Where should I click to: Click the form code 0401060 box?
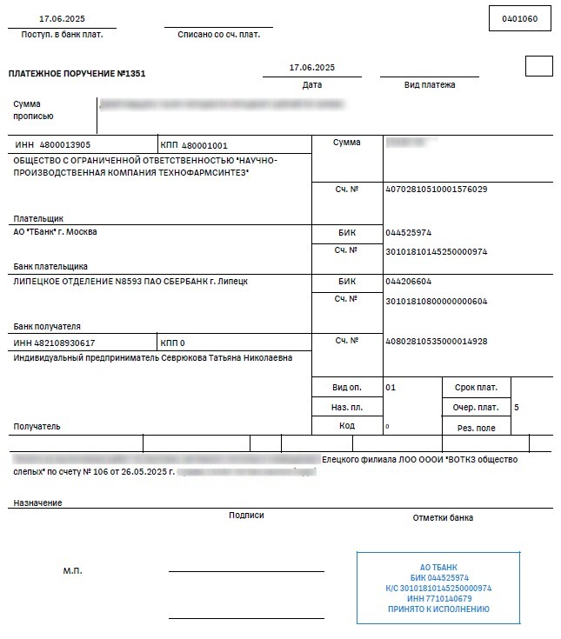click(520, 18)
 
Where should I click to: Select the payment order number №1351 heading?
click(77, 74)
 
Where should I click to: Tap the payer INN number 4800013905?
click(65, 144)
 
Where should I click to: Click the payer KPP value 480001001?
click(205, 145)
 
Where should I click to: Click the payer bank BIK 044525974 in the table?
click(408, 233)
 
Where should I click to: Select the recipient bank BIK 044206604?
click(408, 282)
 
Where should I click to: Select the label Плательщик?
click(38, 218)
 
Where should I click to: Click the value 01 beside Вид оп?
click(391, 387)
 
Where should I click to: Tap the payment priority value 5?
click(517, 407)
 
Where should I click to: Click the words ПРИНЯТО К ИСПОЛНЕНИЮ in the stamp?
click(438, 609)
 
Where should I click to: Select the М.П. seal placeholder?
click(72, 571)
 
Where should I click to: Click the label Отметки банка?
click(443, 517)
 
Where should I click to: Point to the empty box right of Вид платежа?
click(538, 66)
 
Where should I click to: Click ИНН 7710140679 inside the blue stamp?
click(438, 598)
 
